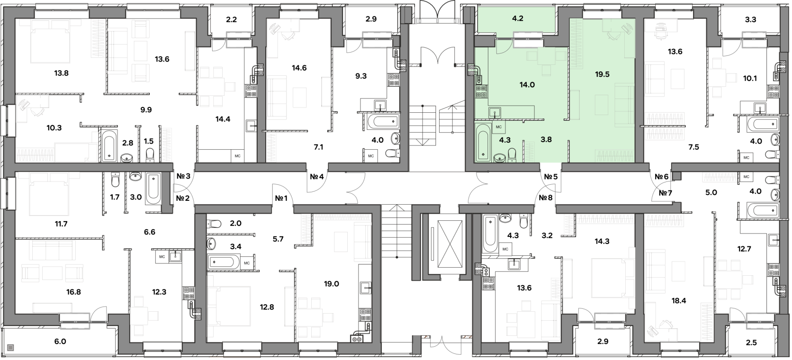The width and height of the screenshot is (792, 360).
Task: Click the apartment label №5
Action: tap(551, 177)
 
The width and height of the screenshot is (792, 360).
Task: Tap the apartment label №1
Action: tap(281, 198)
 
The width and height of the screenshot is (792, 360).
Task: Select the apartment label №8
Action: tap(546, 198)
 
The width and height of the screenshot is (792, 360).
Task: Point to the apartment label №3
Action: tap(183, 176)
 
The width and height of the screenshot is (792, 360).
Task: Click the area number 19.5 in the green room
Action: tap(602, 75)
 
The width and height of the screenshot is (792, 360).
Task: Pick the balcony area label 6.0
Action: tap(60, 342)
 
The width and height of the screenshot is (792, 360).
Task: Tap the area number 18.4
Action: tap(678, 301)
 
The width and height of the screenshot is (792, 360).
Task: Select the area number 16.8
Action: tap(73, 292)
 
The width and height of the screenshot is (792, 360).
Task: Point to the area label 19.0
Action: tap(331, 284)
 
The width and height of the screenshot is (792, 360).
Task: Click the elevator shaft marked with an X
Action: tap(450, 244)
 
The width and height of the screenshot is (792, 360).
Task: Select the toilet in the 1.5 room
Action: tap(150, 155)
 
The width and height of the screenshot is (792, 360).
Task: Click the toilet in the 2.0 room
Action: tap(214, 224)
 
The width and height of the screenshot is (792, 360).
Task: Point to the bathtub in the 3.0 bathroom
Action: tap(153, 189)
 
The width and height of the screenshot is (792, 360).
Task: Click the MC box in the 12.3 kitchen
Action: tap(162, 257)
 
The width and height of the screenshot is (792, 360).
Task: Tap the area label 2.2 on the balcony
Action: tap(231, 19)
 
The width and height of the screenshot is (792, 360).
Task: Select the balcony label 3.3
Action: tap(750, 19)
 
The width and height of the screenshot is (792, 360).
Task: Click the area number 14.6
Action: tap(299, 68)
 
